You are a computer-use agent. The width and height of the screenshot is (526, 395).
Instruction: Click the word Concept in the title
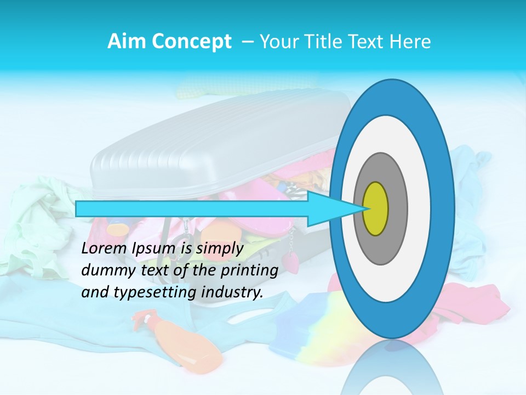192,42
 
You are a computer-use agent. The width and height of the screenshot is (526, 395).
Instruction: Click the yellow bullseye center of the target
376,209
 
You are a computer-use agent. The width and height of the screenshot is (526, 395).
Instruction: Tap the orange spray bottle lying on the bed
181,343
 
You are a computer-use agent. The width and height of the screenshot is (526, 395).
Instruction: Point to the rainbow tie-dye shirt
307,324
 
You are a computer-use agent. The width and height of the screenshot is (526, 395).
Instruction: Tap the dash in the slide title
247,42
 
